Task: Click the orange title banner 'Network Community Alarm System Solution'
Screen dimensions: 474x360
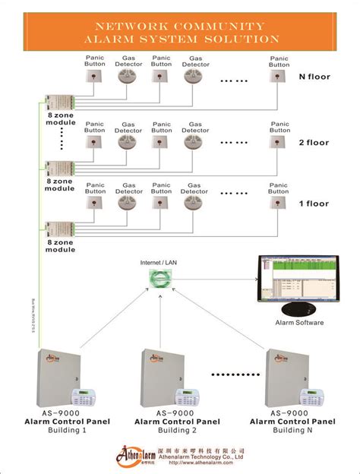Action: pos(180,33)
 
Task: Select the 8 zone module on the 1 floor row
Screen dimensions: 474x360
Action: pos(59,229)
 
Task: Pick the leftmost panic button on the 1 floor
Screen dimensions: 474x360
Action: pos(96,203)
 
